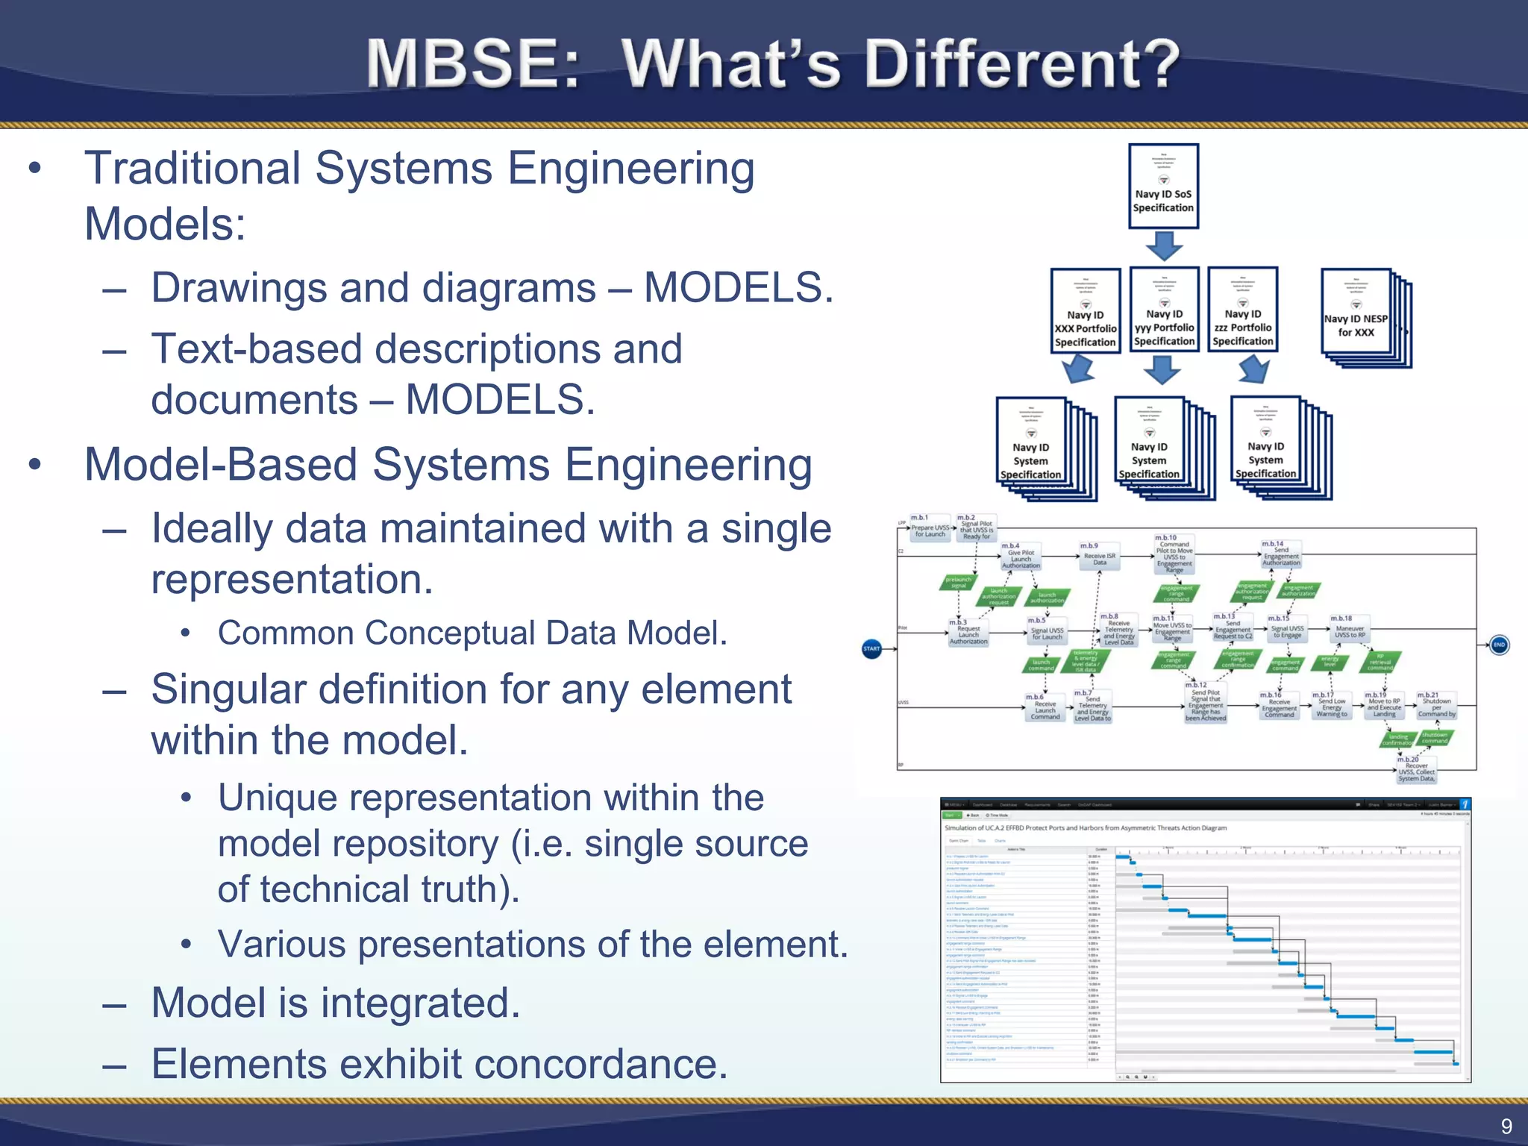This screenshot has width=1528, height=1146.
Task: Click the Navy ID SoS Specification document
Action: [x=1163, y=187]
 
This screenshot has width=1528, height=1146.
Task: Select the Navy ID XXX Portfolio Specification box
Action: [x=1085, y=311]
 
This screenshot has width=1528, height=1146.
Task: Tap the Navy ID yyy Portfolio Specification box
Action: [x=1164, y=310]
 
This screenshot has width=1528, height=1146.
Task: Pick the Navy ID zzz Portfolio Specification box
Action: [x=1242, y=310]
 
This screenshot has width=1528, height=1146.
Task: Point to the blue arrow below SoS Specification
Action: [x=1163, y=245]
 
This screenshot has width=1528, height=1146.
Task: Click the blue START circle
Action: [x=871, y=648]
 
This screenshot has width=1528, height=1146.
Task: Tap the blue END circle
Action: [x=1499, y=645]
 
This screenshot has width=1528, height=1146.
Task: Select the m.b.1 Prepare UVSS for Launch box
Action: [x=930, y=529]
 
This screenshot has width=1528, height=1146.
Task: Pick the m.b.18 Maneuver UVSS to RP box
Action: [x=1350, y=630]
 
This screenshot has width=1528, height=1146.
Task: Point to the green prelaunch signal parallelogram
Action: [x=958, y=582]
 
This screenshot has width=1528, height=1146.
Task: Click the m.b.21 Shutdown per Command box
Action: [x=1436, y=706]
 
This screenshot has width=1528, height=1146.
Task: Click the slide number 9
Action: [x=1506, y=1126]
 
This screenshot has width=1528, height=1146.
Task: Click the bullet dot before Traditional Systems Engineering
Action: [x=35, y=168]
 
